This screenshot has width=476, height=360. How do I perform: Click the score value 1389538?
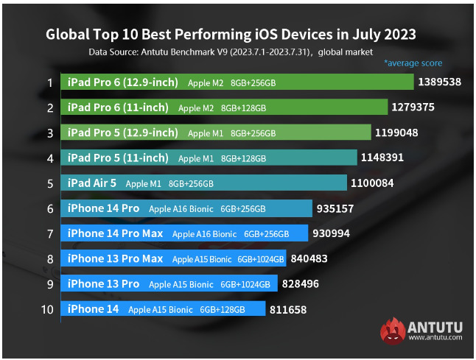[x=439, y=82]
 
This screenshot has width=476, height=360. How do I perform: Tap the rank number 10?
[x=47, y=309]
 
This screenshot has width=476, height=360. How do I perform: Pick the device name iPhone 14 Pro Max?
[x=115, y=233]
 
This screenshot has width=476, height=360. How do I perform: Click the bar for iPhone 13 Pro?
[x=169, y=284]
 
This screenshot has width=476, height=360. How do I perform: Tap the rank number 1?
[x=49, y=82]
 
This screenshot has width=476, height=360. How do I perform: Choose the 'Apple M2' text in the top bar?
[x=205, y=82]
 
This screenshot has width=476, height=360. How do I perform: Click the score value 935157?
[x=335, y=208]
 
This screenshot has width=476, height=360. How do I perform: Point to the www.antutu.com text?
[x=435, y=338]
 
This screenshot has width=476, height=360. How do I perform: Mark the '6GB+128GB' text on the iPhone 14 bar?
[x=222, y=310]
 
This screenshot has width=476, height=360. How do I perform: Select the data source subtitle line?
[x=231, y=52]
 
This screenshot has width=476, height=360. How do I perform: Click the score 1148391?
[x=382, y=158]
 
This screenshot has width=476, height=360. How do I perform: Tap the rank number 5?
[x=49, y=183]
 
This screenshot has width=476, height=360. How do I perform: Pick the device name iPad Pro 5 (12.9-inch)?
[x=123, y=133]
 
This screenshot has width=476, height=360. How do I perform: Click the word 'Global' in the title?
[x=69, y=34]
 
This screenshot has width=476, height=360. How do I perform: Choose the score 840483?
[x=309, y=258]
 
